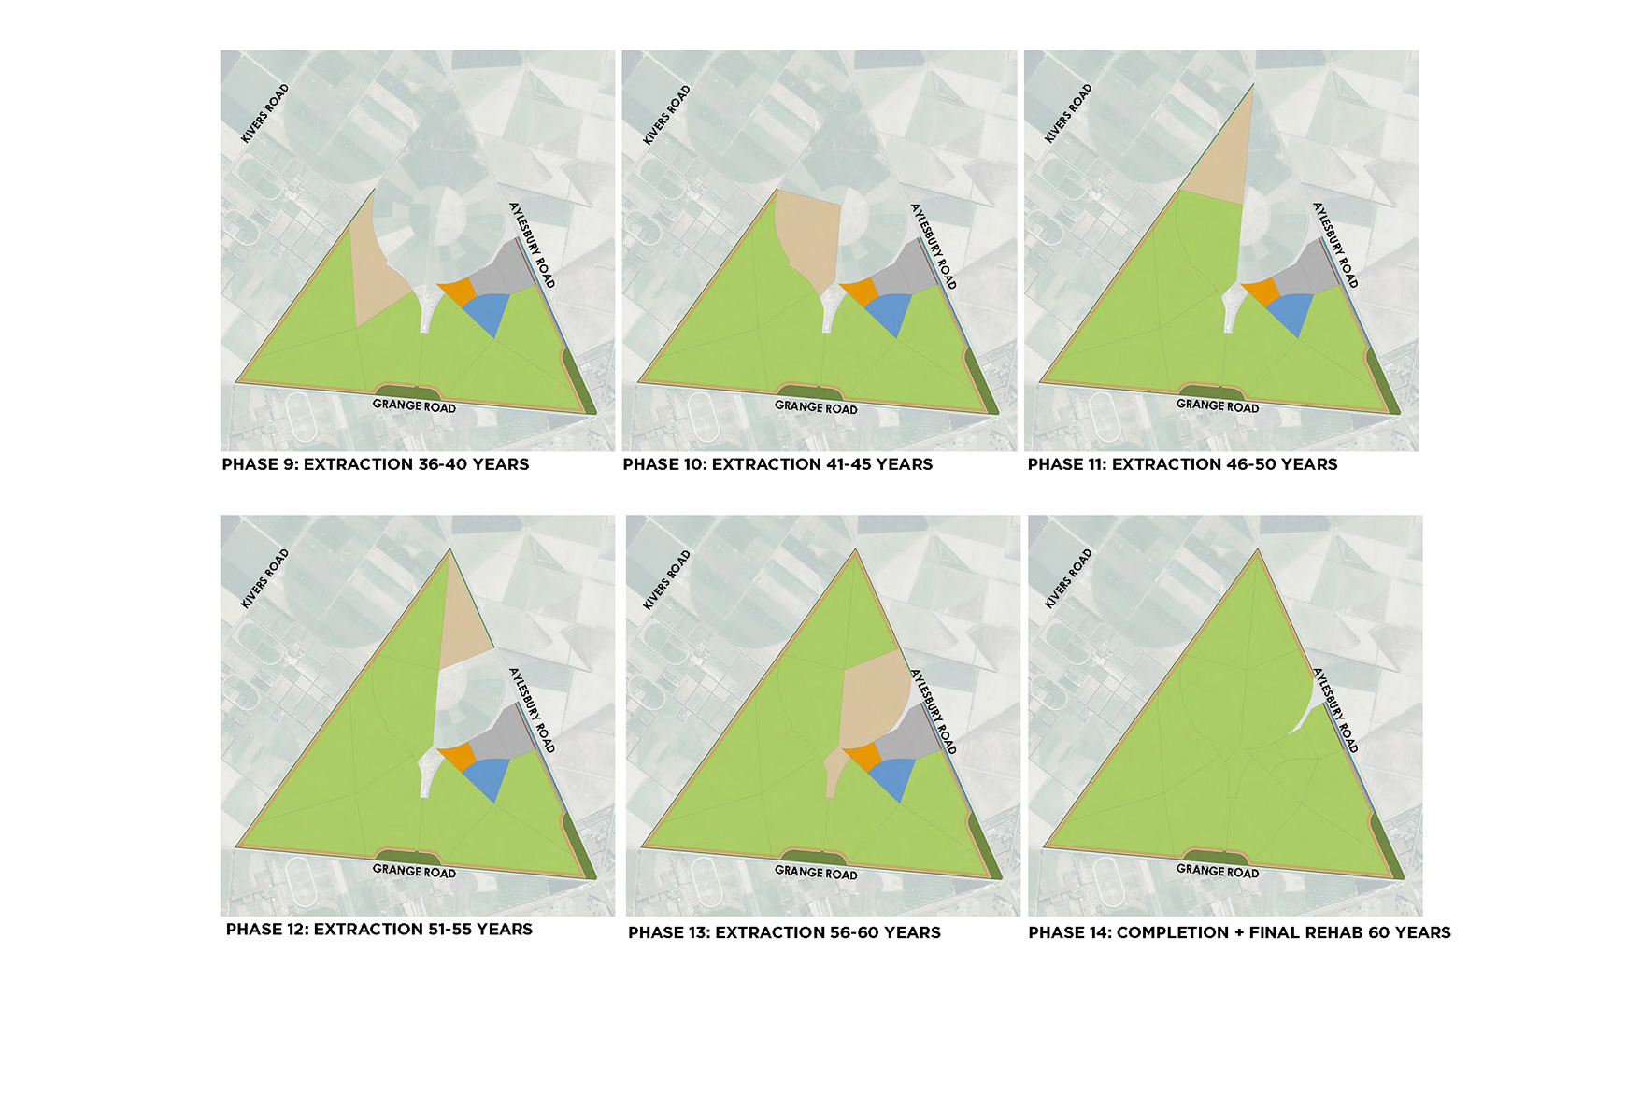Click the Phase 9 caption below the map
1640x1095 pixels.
(x=376, y=464)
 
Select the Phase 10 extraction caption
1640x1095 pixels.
(x=777, y=464)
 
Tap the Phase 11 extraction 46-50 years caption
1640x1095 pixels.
(x=1182, y=464)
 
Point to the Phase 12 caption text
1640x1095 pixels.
(x=379, y=930)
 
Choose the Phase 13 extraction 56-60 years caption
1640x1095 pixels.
(x=784, y=932)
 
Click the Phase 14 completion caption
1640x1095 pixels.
(x=1239, y=932)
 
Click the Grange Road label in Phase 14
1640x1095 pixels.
(x=1218, y=871)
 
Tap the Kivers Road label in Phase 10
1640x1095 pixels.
(x=666, y=115)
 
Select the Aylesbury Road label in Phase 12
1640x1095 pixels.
(x=532, y=710)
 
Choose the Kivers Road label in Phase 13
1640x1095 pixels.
(x=666, y=580)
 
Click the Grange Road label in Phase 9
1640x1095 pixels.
(x=414, y=405)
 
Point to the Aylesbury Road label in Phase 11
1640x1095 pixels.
(x=1335, y=245)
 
